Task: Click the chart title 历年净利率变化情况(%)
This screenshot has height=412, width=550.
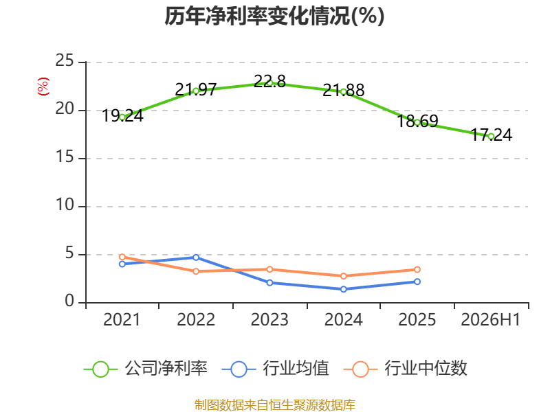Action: pos(274,16)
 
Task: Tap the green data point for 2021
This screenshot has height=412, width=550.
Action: pos(122,117)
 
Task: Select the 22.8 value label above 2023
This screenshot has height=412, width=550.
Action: pos(269,81)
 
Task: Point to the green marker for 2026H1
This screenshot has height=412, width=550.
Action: pos(491,137)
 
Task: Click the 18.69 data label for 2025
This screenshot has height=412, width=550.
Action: pos(417,122)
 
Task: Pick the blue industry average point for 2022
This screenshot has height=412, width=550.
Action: pos(196,257)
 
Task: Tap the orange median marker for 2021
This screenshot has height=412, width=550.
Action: pos(122,257)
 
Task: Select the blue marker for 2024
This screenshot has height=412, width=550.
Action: pos(344,289)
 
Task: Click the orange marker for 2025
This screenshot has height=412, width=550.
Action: pos(417,269)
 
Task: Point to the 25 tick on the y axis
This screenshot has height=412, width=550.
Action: pos(65,61)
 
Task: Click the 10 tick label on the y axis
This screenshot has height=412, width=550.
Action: pos(65,205)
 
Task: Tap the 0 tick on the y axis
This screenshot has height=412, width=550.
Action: pos(69,301)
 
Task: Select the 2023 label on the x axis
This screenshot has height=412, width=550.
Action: pos(269,319)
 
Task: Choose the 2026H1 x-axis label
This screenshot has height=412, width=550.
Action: pos(490,319)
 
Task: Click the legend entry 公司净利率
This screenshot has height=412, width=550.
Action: pos(146,369)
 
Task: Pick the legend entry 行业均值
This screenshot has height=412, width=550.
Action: pos(276,369)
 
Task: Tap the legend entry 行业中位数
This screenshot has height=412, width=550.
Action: pos(405,369)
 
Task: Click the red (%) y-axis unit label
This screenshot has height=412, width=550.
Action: pos(43,87)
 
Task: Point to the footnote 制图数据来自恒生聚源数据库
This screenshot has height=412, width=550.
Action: pos(275,404)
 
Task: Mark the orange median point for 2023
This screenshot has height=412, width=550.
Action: pos(269,269)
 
